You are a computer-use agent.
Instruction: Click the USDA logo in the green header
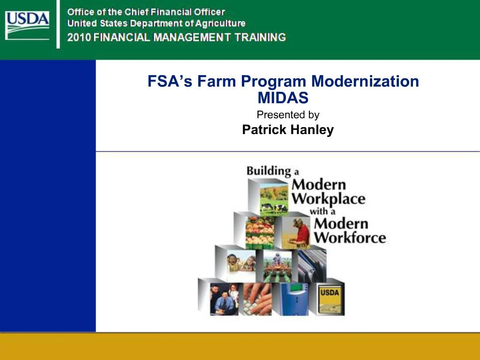(27, 24)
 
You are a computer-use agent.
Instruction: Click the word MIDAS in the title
(283, 98)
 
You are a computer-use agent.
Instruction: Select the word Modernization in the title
(366, 82)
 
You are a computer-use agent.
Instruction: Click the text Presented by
(288, 114)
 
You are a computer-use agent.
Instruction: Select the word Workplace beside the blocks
(328, 198)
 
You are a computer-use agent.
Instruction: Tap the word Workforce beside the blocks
(350, 237)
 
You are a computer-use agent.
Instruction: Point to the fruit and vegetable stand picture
(260, 232)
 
